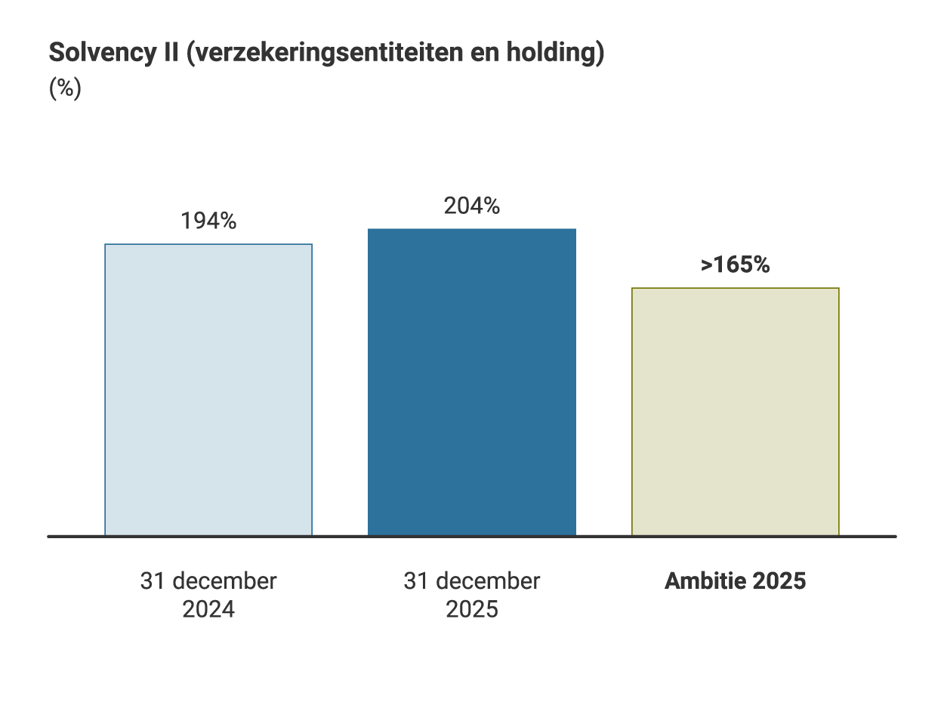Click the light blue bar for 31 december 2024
tap(208, 390)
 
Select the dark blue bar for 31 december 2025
tap(472, 382)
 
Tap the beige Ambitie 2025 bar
tap(736, 412)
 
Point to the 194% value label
tap(208, 221)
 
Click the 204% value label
tap(472, 206)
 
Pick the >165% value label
tap(735, 265)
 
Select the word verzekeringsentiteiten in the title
tap(333, 54)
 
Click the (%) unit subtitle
tap(65, 88)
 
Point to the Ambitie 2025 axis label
tap(735, 581)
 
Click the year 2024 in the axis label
tap(208, 609)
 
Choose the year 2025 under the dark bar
tap(472, 609)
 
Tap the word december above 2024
tap(224, 581)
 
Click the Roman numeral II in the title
tap(170, 54)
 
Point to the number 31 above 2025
tap(416, 581)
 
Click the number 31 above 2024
tap(153, 581)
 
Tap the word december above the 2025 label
tap(487, 581)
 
